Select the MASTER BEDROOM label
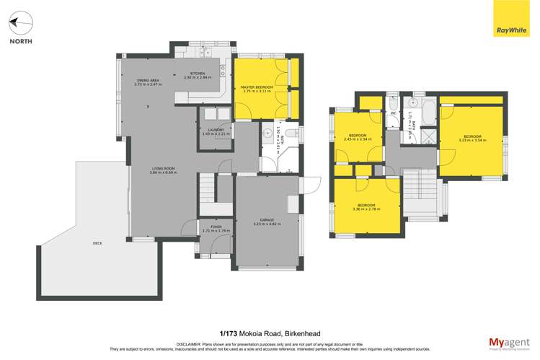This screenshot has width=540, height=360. click(x=257, y=88)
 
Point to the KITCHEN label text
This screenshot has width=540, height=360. click(x=197, y=74)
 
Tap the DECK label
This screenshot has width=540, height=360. click(x=97, y=244)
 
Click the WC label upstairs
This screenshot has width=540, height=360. click(x=394, y=114)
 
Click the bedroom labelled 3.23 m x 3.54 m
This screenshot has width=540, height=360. click(x=473, y=138)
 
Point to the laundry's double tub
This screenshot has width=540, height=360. click(x=214, y=114)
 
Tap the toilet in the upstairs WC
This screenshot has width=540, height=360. click(x=394, y=100)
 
